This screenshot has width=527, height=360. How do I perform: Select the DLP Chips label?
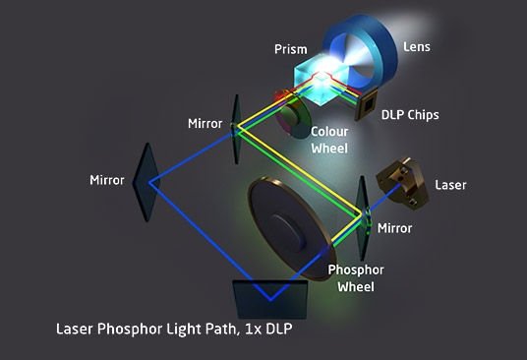tap(409, 115)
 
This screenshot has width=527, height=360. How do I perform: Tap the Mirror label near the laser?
tap(395, 228)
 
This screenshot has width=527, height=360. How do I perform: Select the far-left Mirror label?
tap(107, 181)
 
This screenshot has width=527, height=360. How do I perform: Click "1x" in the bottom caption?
tap(259, 327)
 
